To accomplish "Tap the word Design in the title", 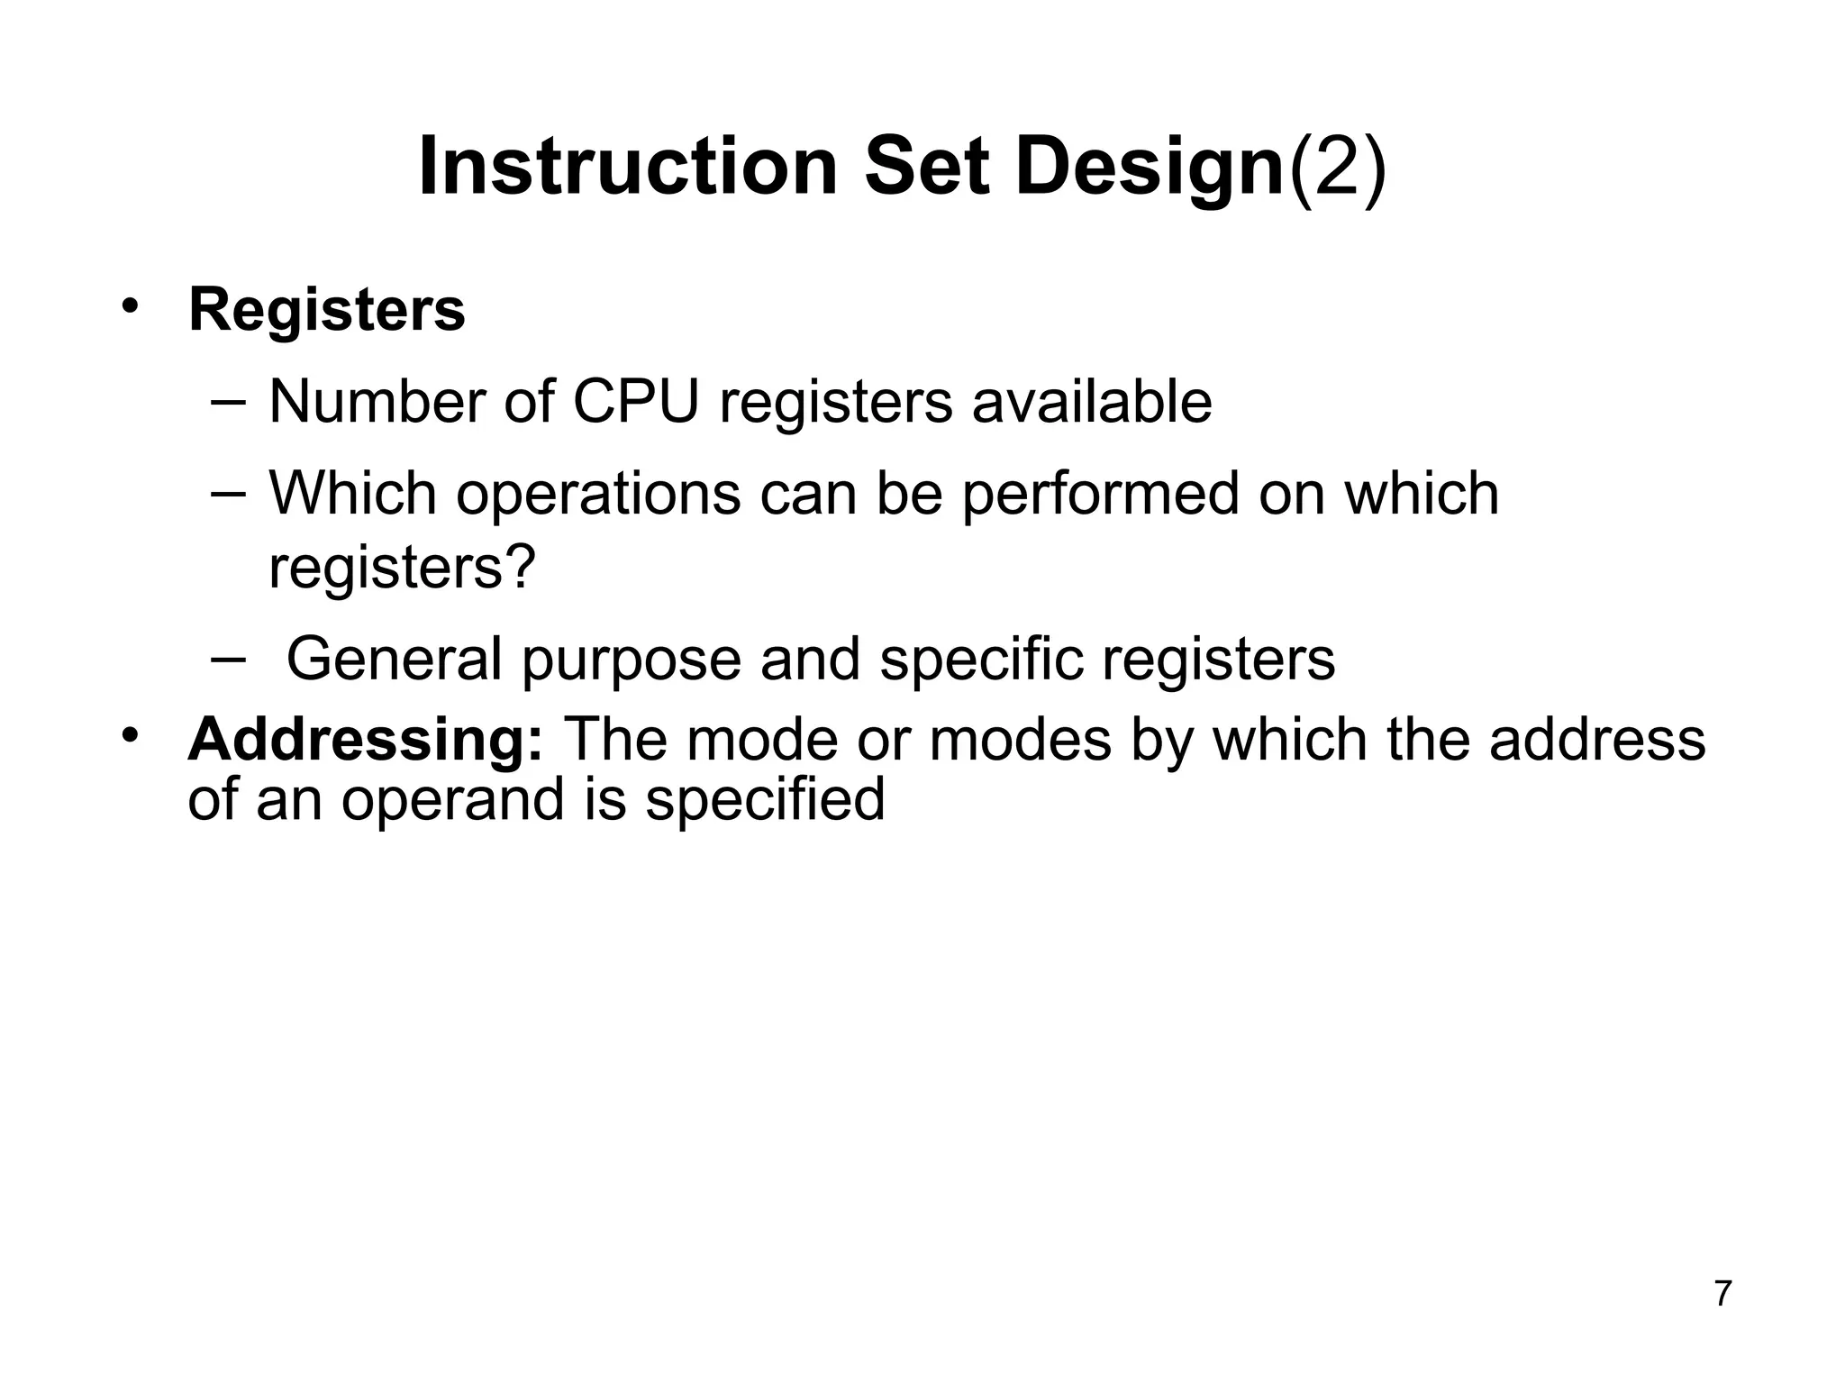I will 1149,168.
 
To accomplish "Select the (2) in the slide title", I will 1338,168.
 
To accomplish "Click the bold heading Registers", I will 326,310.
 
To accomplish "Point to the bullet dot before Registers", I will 131,304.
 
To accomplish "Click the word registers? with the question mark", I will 402,568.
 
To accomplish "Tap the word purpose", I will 631,660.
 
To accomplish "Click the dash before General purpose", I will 227,657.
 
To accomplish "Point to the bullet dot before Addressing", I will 131,734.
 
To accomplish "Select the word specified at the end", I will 765,799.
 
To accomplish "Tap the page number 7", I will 1722,1294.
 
